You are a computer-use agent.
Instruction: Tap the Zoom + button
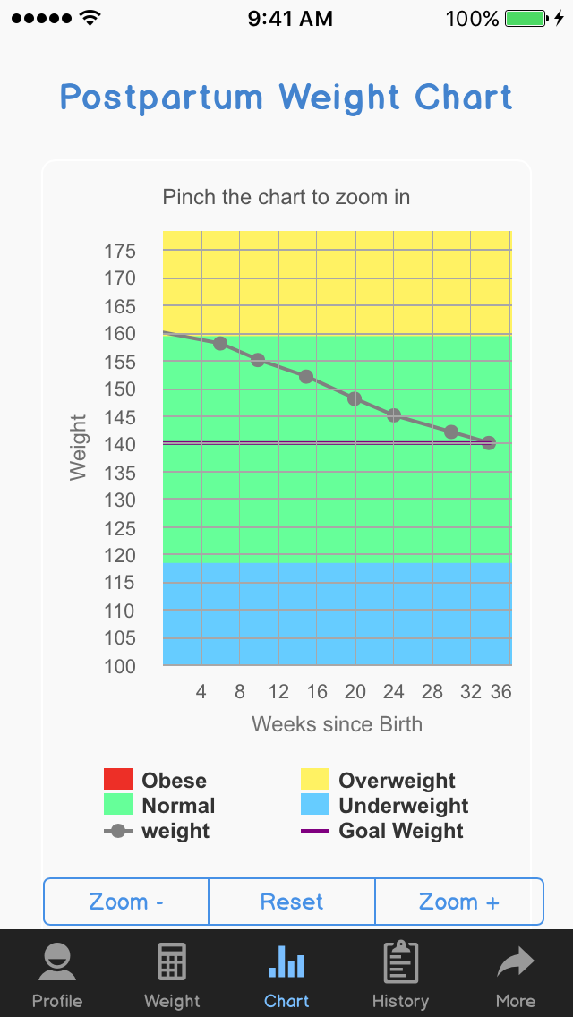458,902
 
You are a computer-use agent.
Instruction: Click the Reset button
292,902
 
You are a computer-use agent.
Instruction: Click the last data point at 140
489,443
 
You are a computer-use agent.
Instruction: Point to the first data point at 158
220,344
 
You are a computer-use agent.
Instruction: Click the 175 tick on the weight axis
119,251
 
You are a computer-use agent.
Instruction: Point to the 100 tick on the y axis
119,666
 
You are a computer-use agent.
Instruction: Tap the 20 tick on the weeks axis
355,692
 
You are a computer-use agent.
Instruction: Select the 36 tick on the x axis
501,692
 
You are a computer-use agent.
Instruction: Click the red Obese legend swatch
118,780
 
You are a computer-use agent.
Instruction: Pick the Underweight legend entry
403,806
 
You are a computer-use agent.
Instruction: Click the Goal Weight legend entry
400,831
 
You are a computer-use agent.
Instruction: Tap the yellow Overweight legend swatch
315,780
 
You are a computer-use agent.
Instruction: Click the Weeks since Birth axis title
337,723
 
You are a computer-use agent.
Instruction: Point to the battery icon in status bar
526,18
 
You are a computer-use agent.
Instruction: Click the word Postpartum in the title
162,97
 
